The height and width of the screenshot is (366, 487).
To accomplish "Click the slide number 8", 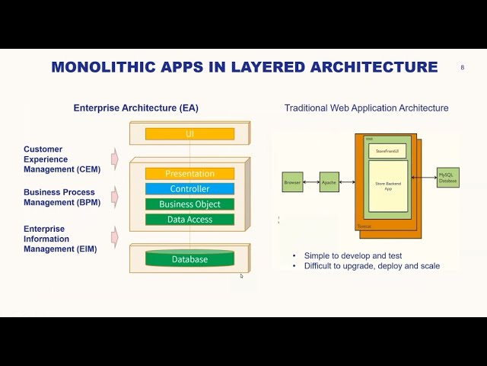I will [462, 68].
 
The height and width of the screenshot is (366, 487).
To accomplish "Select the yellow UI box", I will [189, 134].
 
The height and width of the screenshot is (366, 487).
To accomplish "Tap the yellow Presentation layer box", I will [189, 174].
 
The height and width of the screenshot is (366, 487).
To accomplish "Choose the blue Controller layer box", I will [189, 189].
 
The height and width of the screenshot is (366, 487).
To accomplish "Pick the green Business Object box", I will [189, 204].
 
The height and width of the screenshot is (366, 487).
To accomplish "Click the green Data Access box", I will [189, 220].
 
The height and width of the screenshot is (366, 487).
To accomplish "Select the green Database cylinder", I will [189, 259].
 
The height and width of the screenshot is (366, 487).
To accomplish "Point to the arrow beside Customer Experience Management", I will [115, 159].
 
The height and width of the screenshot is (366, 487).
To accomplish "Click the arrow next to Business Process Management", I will [115, 197].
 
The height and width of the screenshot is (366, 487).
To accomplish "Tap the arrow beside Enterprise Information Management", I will [115, 238].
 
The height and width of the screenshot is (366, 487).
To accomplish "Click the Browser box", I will [292, 182].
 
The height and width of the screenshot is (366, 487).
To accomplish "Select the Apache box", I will [329, 182].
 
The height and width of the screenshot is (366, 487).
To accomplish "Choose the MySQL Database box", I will [447, 178].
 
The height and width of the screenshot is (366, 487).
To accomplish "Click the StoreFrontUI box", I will [387, 151].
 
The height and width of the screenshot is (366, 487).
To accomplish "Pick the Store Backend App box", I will [388, 186].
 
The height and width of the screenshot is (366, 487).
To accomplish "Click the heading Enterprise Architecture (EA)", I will [135, 108].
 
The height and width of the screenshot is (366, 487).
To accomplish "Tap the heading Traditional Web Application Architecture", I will [366, 108].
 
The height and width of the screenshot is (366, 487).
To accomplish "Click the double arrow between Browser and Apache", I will [311, 182].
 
